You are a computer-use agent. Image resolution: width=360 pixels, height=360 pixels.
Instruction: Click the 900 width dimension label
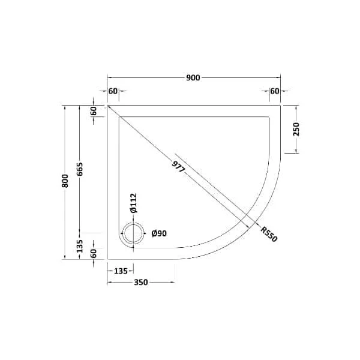tap(193, 78)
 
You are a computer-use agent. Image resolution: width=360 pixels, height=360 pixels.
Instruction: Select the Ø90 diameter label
tap(159, 233)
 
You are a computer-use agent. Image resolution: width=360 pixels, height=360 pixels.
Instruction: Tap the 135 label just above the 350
tap(120, 271)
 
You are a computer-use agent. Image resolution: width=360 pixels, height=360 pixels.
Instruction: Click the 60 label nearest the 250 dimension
tap(275, 91)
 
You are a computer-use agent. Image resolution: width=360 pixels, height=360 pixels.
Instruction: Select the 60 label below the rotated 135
tap(93, 253)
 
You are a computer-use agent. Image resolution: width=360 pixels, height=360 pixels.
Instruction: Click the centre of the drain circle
tap(133, 233)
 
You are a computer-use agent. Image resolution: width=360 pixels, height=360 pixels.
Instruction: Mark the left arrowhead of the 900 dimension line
tap(109, 78)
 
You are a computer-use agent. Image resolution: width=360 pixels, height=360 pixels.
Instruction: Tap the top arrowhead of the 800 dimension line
tap(65, 106)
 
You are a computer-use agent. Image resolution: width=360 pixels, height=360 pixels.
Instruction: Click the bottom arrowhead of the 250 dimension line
tap(295, 152)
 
